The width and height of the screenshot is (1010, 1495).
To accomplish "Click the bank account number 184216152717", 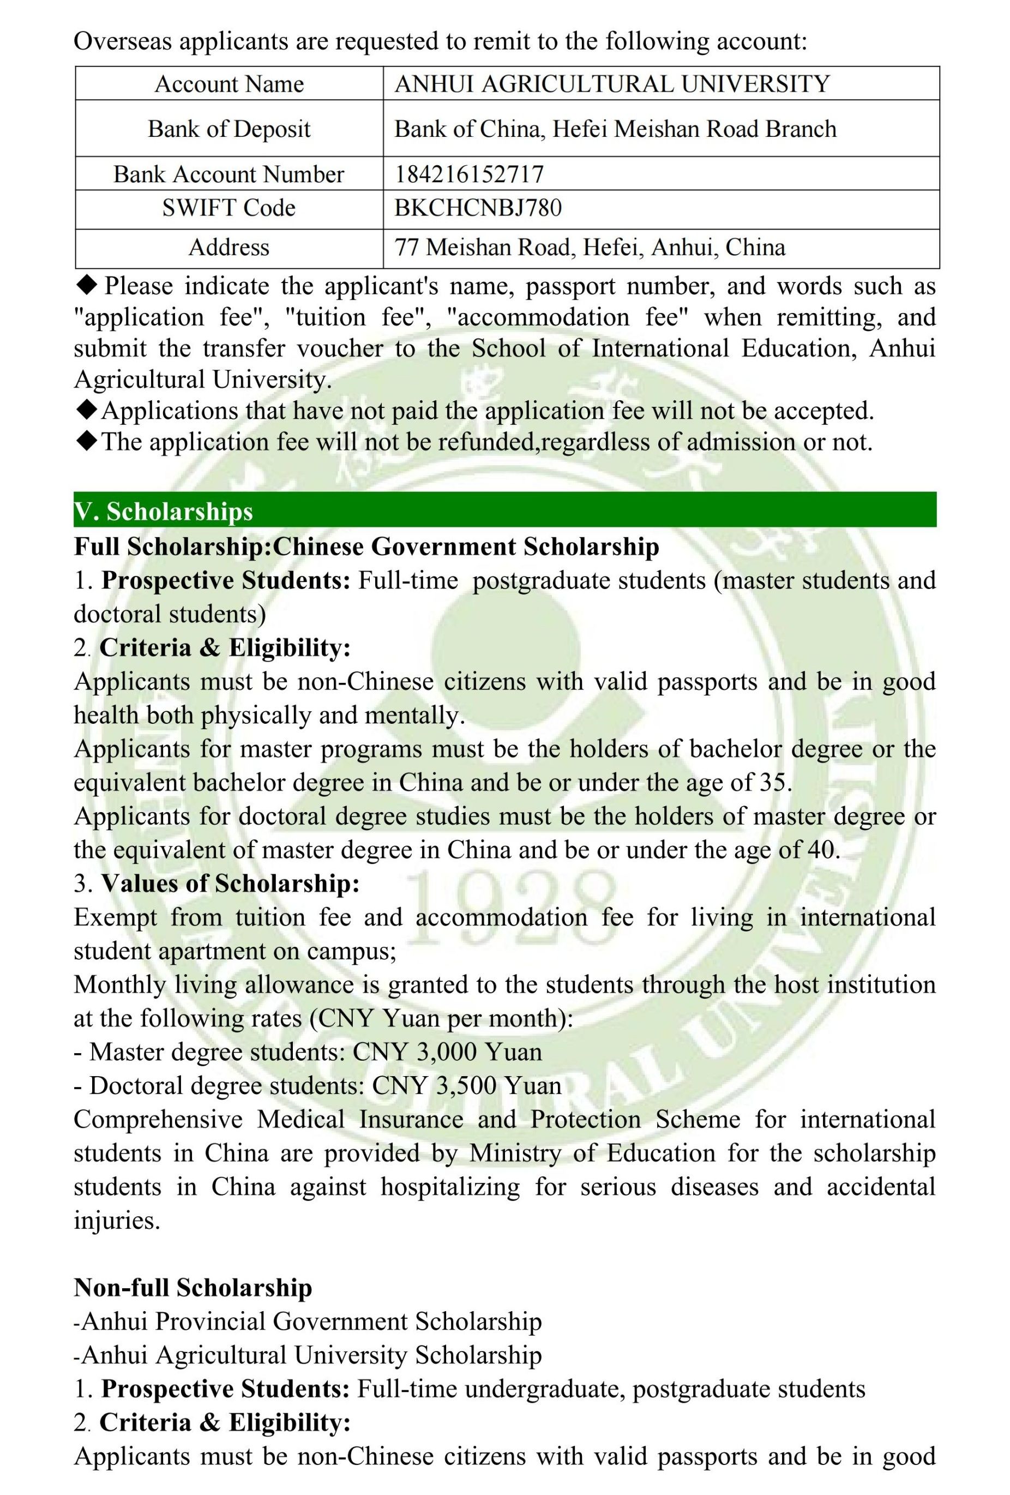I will (469, 173).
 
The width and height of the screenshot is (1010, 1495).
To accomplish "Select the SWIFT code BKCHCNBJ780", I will (478, 208).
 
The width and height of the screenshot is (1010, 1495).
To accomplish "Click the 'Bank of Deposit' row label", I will (229, 129).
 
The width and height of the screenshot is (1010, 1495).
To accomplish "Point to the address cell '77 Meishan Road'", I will (590, 248).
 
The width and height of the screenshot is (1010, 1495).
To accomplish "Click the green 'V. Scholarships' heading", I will (164, 512).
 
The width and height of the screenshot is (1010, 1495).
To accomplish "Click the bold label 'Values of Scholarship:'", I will (230, 883).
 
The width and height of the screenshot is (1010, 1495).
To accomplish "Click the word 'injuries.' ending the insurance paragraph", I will (117, 1220).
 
